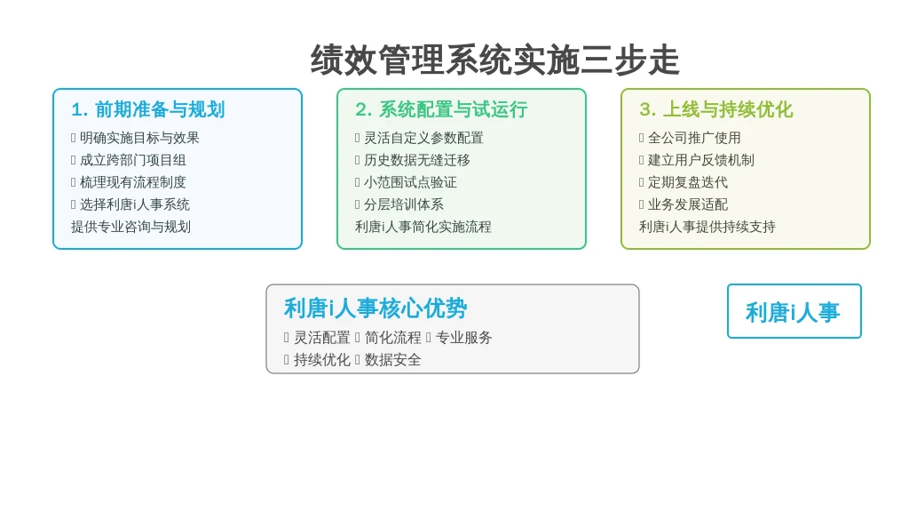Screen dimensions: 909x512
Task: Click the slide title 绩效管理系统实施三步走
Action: (x=494, y=60)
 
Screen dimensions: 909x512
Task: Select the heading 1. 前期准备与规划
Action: (x=148, y=109)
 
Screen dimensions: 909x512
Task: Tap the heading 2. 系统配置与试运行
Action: (x=441, y=109)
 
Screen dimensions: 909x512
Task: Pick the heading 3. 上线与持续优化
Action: (x=716, y=109)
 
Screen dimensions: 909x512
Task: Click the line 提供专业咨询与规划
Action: (x=131, y=227)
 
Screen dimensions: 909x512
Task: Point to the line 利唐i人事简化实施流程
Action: (x=423, y=227)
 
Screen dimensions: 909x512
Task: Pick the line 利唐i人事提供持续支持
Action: (x=707, y=227)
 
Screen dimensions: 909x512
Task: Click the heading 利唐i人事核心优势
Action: (x=375, y=308)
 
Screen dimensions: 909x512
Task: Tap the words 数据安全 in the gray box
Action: (x=392, y=360)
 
